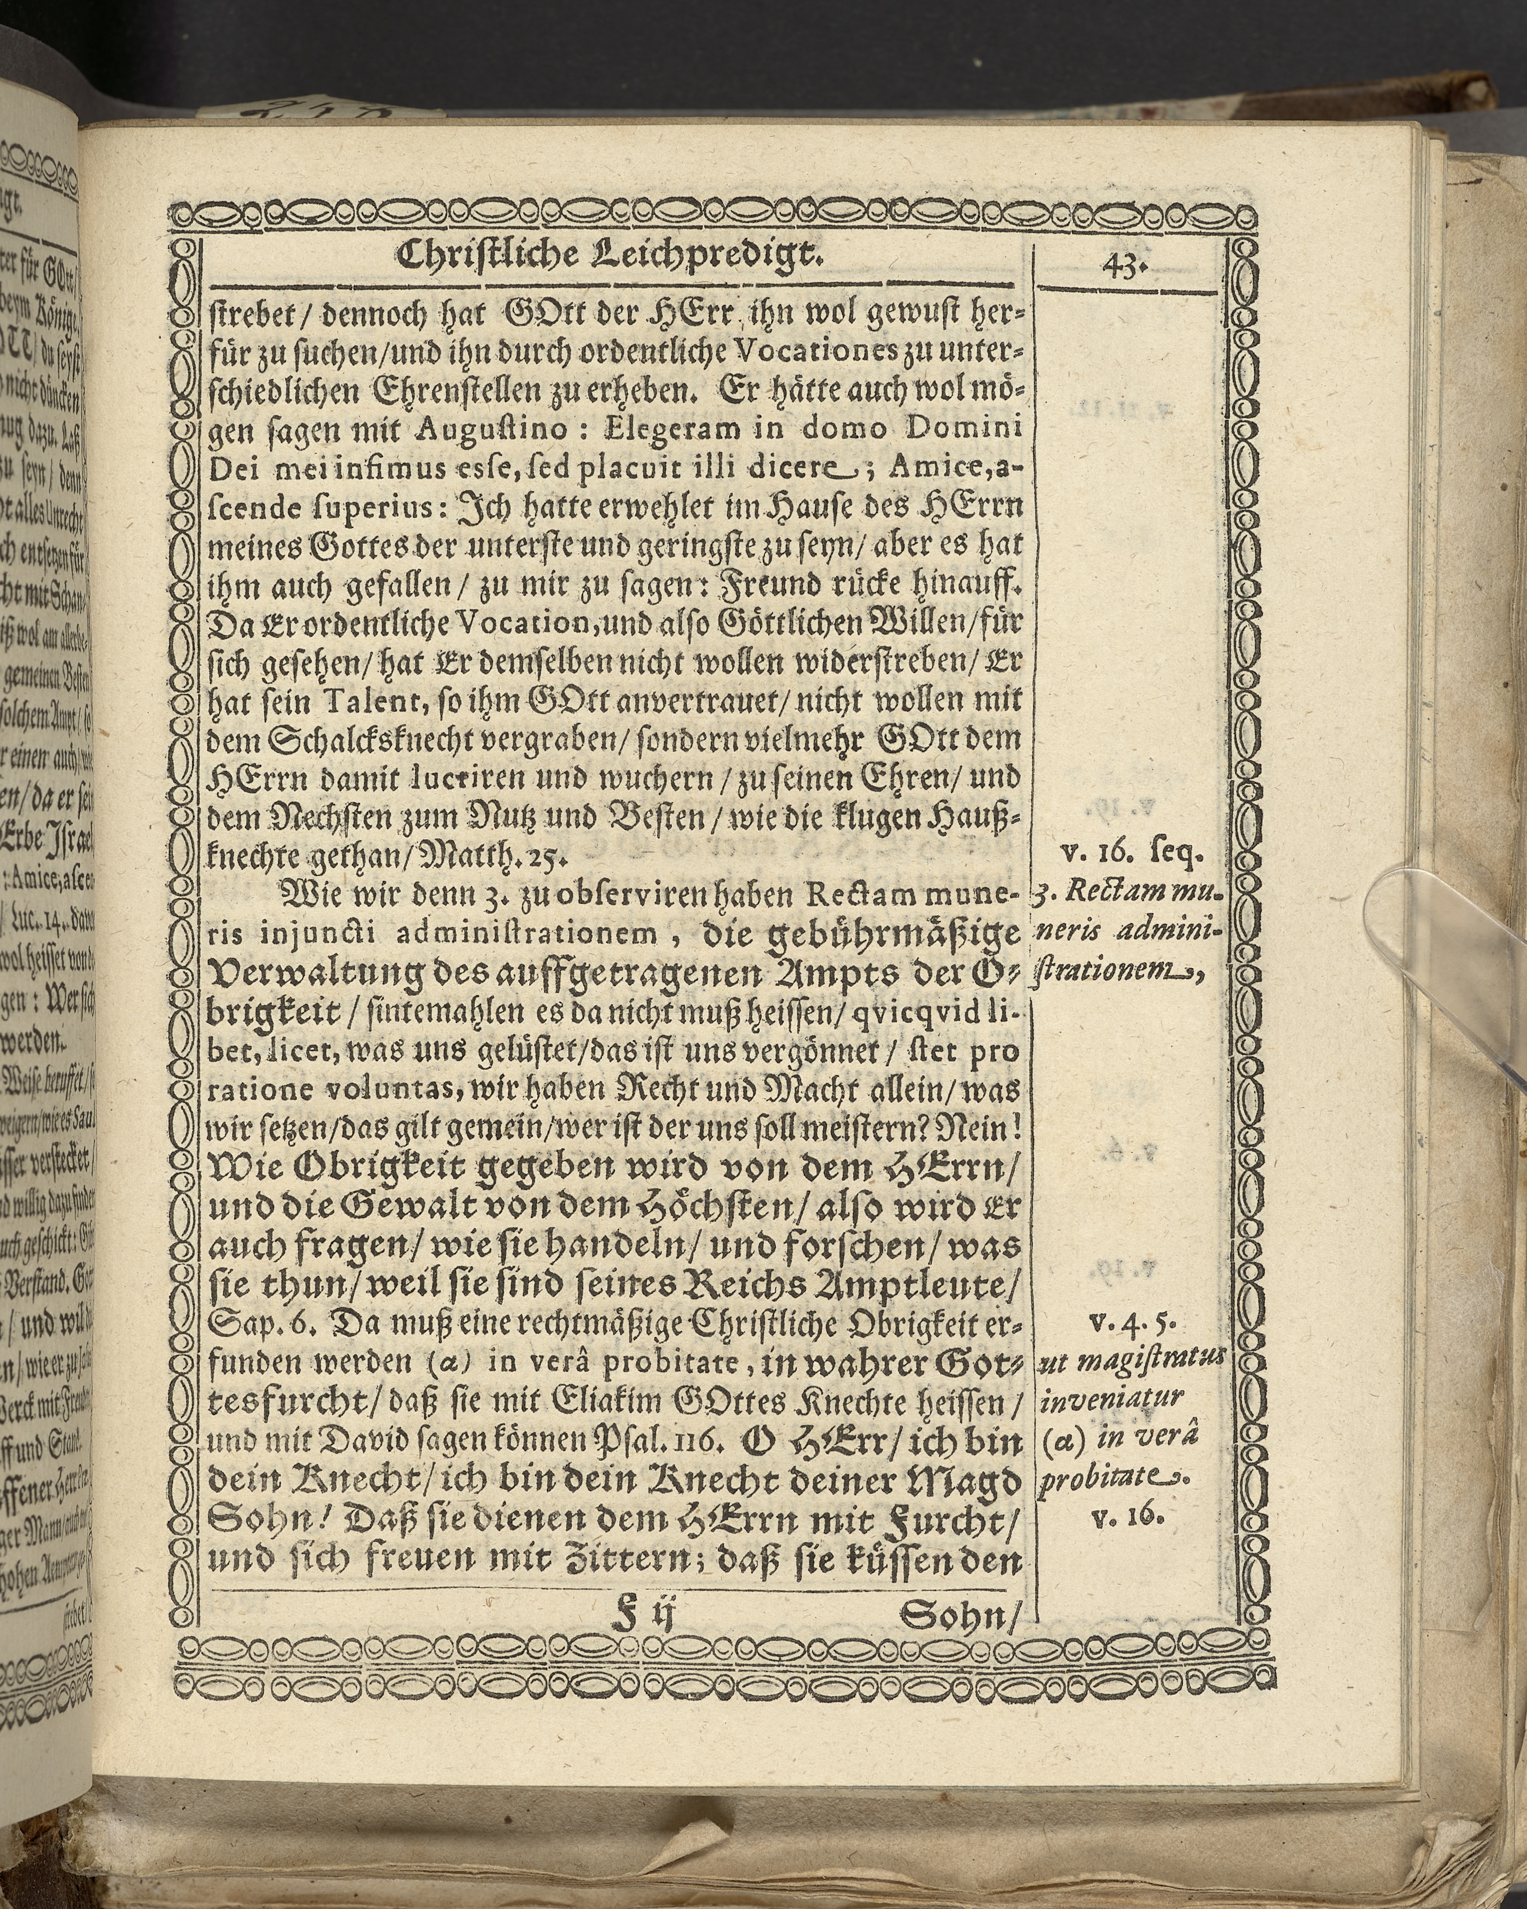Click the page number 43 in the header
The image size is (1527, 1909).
pyautogui.click(x=1121, y=265)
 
